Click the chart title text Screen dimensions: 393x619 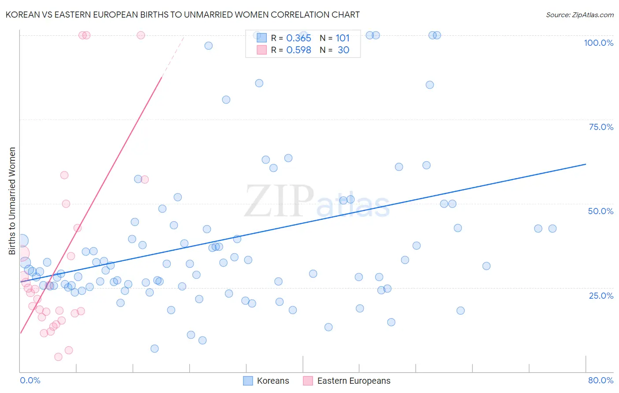coord(182,15)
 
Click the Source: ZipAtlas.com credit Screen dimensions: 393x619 coord(579,15)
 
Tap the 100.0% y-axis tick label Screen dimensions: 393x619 coord(598,43)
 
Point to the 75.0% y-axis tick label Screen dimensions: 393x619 coord(601,127)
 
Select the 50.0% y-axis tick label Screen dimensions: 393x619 coord(601,211)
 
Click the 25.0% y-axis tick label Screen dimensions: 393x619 coord(601,295)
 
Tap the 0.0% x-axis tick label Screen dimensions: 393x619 coord(30,380)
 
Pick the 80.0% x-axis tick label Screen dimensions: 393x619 coord(601,380)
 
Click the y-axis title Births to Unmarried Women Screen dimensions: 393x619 coord(12,201)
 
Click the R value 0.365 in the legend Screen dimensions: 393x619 coord(298,38)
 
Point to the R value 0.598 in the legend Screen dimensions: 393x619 coord(298,50)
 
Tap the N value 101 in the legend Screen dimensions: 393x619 coord(343,38)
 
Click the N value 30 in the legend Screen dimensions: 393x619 coord(343,50)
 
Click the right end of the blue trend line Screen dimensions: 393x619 coord(586,164)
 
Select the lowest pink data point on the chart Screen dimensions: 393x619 coord(58,357)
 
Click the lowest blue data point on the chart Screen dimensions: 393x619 coord(155,349)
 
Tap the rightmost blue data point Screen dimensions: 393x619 coord(553,229)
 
